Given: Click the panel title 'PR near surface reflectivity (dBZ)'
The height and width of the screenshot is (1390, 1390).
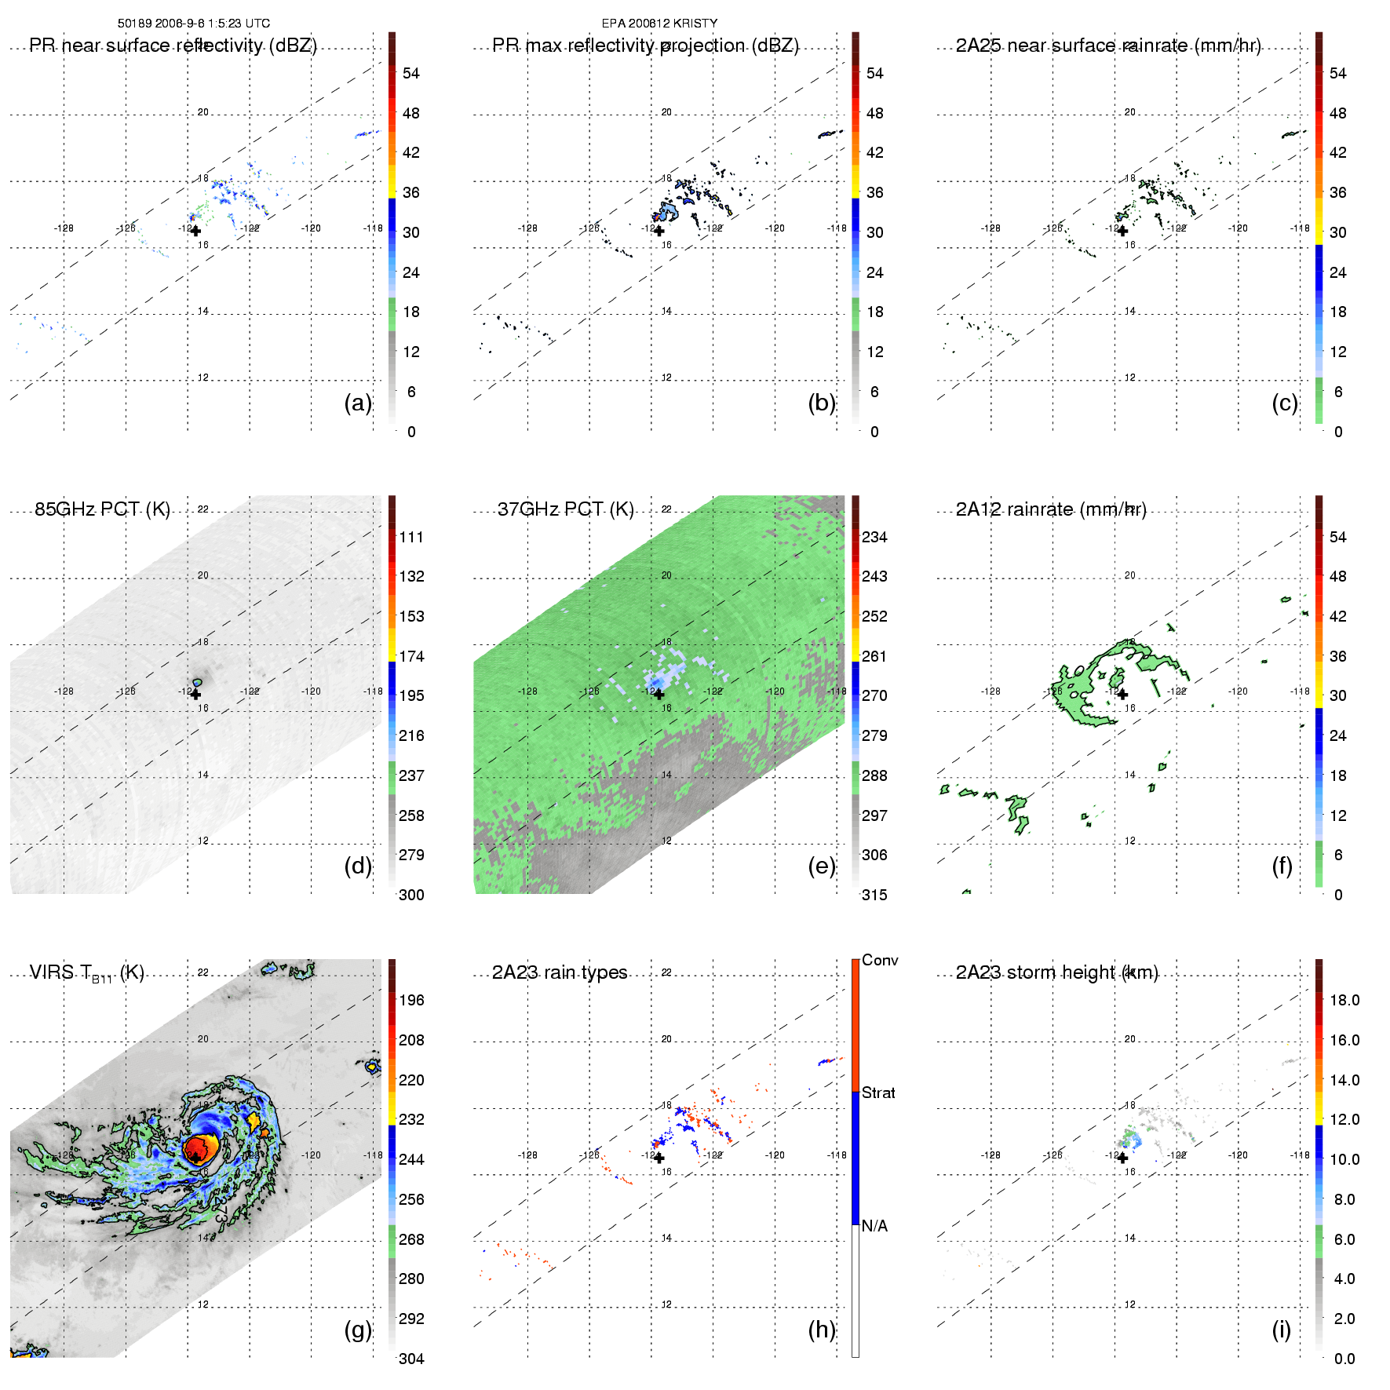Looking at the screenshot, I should [x=173, y=46].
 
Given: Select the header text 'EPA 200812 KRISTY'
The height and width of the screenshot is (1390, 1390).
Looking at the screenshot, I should [x=659, y=24].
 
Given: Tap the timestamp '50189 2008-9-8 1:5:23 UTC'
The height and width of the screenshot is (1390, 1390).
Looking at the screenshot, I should [x=194, y=24].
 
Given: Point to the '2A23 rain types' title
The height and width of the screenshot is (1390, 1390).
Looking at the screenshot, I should [x=560, y=972].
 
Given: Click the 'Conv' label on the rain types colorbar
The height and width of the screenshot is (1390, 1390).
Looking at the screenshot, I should [x=880, y=960].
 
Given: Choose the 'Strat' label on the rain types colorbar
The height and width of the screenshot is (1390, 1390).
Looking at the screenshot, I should [x=878, y=1093].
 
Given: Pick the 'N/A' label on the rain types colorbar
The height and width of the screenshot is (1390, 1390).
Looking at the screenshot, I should [x=874, y=1226].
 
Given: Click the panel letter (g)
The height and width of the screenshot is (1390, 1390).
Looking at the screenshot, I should [x=358, y=1330].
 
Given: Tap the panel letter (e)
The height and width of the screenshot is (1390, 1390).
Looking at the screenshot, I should [x=822, y=866].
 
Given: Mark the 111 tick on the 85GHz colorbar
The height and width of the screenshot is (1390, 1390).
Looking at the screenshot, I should [x=411, y=537].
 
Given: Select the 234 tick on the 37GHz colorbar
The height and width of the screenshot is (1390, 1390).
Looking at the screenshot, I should [x=874, y=537].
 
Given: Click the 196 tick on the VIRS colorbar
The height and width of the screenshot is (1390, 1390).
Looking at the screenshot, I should [x=411, y=1000].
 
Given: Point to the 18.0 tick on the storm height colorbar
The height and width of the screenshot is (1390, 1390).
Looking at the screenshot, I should [x=1344, y=1000].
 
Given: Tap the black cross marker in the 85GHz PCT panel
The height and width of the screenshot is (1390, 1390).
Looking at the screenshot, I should [x=195, y=695].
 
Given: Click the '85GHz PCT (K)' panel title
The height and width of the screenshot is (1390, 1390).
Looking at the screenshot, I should [x=102, y=509].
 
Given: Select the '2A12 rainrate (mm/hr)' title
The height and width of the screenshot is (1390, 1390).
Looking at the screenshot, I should [x=1051, y=509].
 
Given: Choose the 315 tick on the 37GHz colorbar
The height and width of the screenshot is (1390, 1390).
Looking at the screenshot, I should [x=874, y=895].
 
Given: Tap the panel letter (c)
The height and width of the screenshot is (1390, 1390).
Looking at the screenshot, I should [x=1285, y=403].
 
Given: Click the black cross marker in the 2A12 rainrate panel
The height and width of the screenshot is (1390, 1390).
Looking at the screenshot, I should [x=1122, y=695].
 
